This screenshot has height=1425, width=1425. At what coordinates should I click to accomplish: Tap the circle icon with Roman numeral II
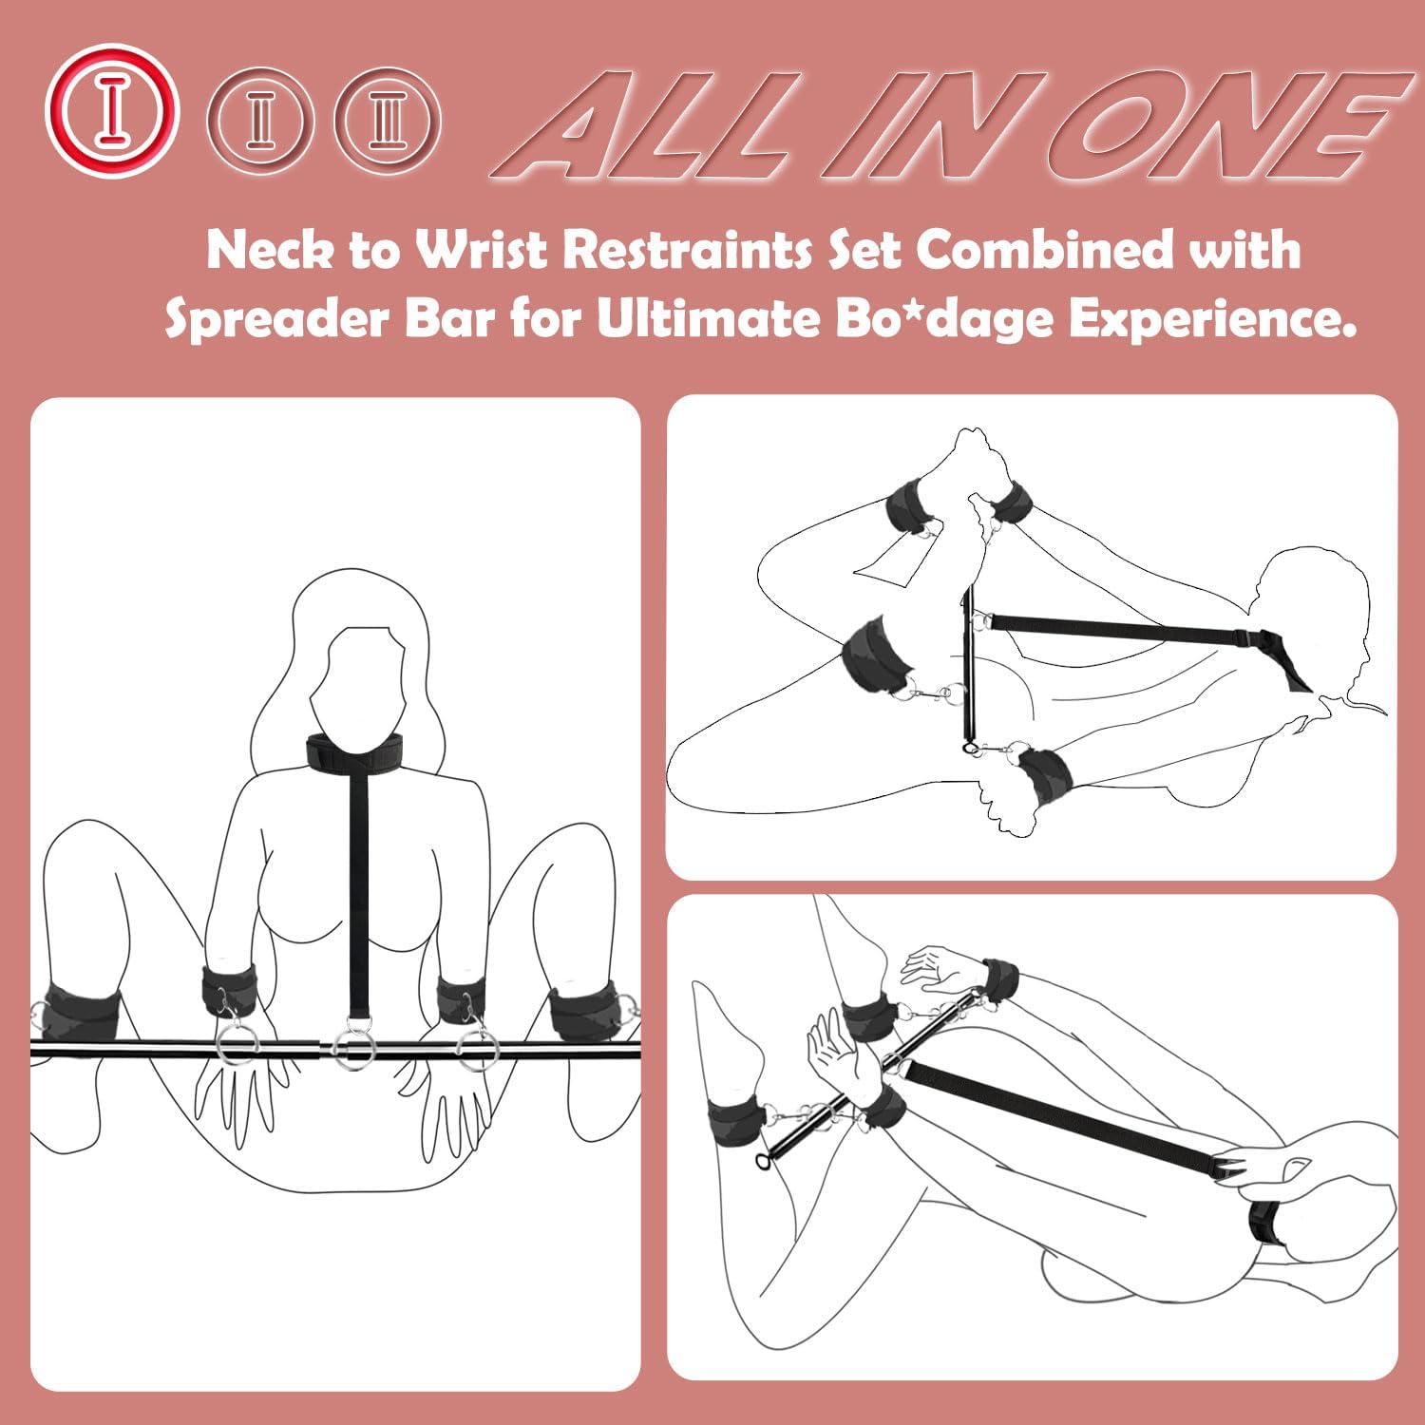coord(259,122)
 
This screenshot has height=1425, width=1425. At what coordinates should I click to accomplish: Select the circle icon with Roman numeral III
coord(388,122)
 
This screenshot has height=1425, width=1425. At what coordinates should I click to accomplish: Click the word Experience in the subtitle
coord(1211,320)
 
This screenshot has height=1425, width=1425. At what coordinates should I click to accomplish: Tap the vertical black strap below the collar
coord(359,883)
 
